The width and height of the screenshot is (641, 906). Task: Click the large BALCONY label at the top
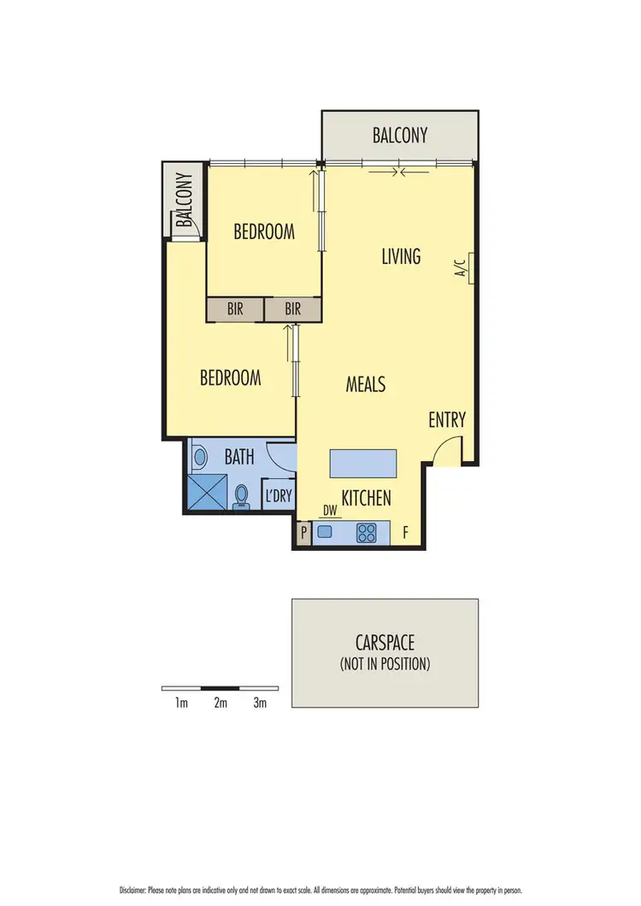399,135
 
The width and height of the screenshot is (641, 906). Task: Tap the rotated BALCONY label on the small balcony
185,202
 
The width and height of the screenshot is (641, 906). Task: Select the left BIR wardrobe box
235,309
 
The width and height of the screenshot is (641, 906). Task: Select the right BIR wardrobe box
292,309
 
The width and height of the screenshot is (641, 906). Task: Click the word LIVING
401,255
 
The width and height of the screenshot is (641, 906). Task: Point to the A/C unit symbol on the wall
469,267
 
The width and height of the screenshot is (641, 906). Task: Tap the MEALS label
365,384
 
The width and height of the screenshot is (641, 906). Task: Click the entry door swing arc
445,450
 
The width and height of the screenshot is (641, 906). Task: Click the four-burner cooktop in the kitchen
367,533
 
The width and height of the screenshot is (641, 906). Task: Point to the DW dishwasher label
329,511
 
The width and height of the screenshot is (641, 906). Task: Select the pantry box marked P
303,534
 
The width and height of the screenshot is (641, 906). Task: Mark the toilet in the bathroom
241,496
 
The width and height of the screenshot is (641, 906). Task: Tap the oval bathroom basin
200,457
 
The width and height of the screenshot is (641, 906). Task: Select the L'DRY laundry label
277,495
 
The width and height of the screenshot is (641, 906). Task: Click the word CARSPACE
385,643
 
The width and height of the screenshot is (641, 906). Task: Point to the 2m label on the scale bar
221,704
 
